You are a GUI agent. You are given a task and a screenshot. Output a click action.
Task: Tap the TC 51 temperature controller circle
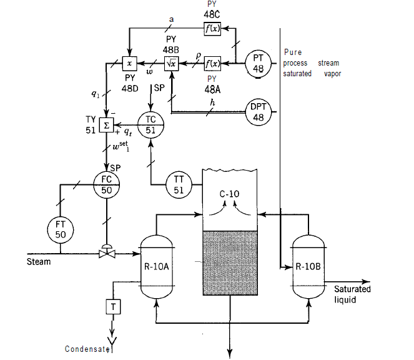(150, 124)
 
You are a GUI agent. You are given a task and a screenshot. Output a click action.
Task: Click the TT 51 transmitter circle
(179, 185)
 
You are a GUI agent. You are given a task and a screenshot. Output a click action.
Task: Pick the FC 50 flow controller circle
(106, 184)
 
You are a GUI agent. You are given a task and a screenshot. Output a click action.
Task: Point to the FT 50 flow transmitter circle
(61, 229)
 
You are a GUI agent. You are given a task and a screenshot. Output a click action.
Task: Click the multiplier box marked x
(129, 63)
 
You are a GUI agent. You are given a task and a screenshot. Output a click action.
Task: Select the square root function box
(171, 63)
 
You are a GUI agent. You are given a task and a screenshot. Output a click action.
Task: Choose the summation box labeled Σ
(106, 124)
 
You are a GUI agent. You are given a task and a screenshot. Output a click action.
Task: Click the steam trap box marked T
(112, 306)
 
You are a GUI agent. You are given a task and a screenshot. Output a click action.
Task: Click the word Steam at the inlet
(39, 261)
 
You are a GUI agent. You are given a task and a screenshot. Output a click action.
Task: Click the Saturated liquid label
(352, 294)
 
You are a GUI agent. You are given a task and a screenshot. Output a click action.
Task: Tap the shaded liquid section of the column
(230, 262)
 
